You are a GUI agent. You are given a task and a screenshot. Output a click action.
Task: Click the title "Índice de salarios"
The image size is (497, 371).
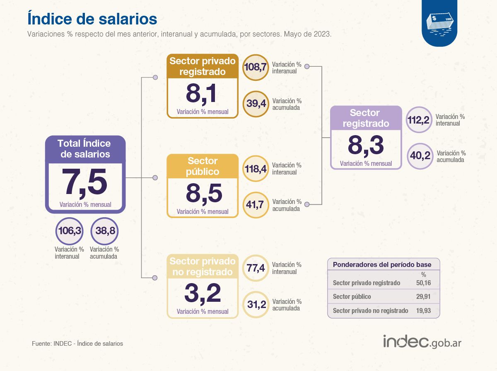92,19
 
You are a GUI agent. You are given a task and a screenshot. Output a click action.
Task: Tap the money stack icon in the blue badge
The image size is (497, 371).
439,23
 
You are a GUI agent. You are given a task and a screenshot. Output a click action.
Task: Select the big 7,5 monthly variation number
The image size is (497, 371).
85,182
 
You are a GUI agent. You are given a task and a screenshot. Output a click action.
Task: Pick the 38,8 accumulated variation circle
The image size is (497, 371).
104,231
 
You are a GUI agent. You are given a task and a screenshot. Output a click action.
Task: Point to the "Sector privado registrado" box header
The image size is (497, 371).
203,66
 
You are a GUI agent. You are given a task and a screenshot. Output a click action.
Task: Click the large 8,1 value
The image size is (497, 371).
201,94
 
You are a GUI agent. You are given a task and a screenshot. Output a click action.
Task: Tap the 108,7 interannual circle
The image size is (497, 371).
255,67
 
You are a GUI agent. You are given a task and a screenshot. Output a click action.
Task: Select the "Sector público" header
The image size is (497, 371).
203,166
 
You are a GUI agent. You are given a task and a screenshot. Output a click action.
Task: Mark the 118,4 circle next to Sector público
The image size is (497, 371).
255,169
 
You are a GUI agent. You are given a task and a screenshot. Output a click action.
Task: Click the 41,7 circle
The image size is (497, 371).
255,205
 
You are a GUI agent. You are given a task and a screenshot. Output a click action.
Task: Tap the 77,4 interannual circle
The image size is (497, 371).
255,268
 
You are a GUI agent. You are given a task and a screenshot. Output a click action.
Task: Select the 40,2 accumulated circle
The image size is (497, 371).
419,156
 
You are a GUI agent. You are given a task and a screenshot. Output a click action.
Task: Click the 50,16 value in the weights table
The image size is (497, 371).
423,283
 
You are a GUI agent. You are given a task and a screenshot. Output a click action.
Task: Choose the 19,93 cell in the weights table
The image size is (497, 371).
423,310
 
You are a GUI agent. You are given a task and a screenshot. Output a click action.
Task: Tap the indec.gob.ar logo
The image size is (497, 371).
422,342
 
